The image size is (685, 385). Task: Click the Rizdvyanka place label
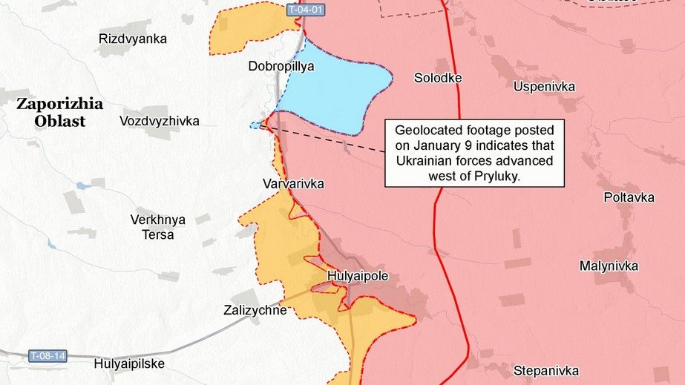point(133,39)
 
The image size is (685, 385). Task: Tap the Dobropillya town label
point(281,66)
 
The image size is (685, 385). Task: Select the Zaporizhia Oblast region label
point(60,112)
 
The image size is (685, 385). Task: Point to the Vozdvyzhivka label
point(159,120)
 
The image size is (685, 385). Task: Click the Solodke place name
point(438,78)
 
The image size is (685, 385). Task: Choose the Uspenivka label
point(544,87)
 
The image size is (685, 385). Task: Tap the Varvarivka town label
point(293,183)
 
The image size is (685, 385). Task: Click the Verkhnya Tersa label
point(157,227)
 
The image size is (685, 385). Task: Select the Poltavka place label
point(629,197)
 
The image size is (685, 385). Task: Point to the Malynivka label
point(609,266)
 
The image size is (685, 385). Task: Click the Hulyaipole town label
point(358,277)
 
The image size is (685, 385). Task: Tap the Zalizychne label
point(255,310)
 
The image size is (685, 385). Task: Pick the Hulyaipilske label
point(129,364)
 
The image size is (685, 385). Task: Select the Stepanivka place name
point(545,370)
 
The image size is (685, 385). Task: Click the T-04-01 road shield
point(304,10)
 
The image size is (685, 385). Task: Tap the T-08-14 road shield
point(47,356)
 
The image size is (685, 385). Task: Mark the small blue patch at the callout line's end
point(256,126)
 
